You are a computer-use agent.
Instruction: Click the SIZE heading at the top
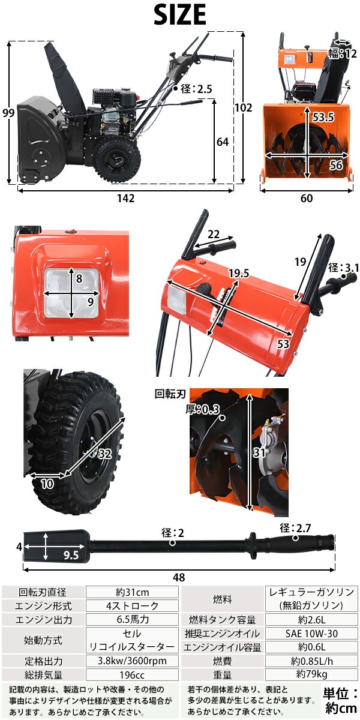coord(180,15)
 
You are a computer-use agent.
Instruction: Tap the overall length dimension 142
coord(125,199)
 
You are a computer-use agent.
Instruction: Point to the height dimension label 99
coord(8,113)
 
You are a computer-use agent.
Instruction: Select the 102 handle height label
coord(244,107)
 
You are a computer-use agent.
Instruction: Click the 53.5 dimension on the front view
coord(323,118)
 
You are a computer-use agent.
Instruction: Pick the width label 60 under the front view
coord(307,199)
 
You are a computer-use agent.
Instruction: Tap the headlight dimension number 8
coord(79,278)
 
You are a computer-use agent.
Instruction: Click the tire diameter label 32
coord(105,454)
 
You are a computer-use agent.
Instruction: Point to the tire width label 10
coord(47,484)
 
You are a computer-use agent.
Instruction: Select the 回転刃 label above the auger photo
coord(170,394)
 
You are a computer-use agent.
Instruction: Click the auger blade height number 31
coord(259,452)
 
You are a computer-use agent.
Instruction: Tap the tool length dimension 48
coord(179,578)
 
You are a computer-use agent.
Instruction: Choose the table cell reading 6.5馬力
coord(133,619)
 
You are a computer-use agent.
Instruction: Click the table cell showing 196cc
coord(133,674)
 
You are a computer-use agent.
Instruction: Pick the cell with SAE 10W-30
coord(311,634)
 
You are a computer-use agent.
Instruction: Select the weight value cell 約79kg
coord(311,674)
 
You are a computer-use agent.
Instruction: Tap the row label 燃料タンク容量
coord(223,620)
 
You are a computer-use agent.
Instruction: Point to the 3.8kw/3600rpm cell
coord(133,661)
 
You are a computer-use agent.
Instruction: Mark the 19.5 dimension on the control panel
coord(239,273)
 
